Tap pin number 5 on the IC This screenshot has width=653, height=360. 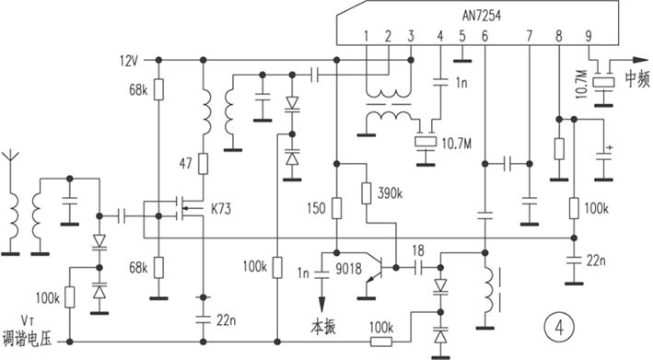[x=462, y=37]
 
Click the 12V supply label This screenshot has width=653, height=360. [x=128, y=61]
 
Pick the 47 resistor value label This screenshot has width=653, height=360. [x=186, y=164]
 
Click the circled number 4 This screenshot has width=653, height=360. [x=555, y=325]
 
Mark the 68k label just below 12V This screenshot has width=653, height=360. [x=139, y=90]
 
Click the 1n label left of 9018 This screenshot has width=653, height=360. [x=303, y=273]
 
